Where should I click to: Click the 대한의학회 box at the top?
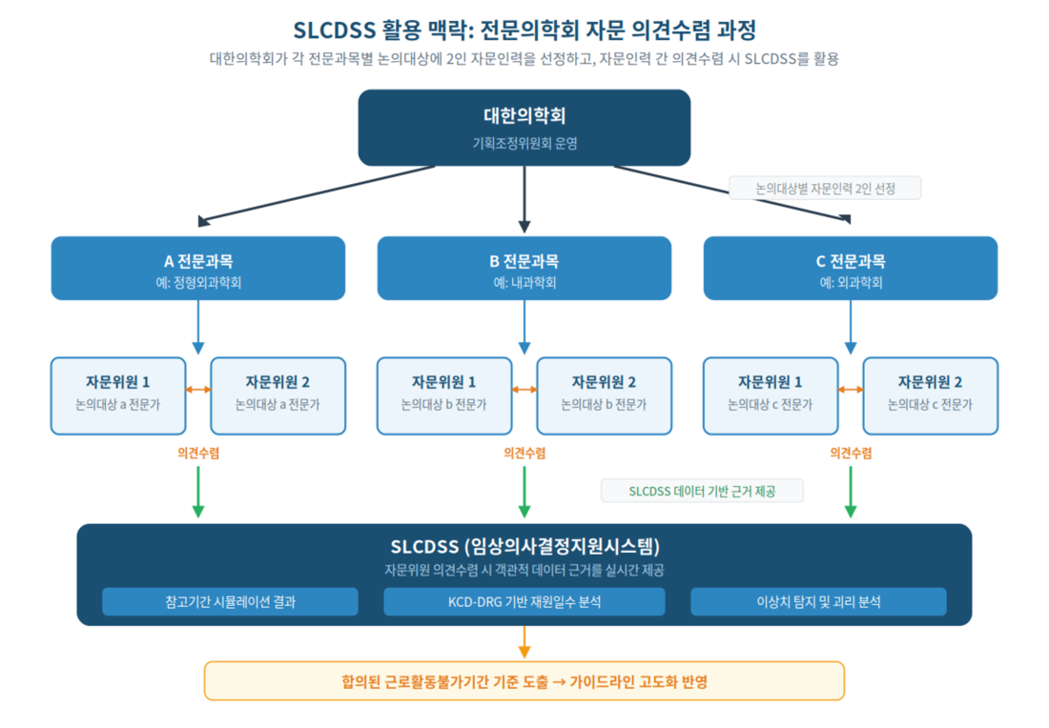(x=524, y=128)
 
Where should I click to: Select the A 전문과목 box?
(x=198, y=268)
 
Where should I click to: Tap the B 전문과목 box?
(x=524, y=268)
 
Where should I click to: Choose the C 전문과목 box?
(x=851, y=268)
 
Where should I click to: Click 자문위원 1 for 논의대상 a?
(x=118, y=395)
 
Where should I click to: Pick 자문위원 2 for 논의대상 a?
(x=278, y=395)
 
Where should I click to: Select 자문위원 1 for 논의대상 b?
(x=444, y=395)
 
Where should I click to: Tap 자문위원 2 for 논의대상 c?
(x=931, y=395)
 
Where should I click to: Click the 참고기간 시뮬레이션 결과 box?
(x=230, y=601)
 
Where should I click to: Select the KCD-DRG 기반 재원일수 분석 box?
(x=524, y=601)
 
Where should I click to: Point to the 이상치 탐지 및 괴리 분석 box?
(x=818, y=601)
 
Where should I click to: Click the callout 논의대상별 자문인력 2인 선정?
(x=825, y=189)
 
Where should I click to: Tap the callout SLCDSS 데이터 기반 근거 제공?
(x=702, y=492)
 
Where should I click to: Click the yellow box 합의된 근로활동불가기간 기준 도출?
(x=524, y=681)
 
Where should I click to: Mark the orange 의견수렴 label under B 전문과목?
(x=524, y=454)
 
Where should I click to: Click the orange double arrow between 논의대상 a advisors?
(x=198, y=389)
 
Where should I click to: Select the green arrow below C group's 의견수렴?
(x=851, y=492)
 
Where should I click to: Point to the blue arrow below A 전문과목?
(x=198, y=327)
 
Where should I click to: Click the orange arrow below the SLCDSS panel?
(x=524, y=641)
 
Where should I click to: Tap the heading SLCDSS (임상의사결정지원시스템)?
(x=525, y=546)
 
